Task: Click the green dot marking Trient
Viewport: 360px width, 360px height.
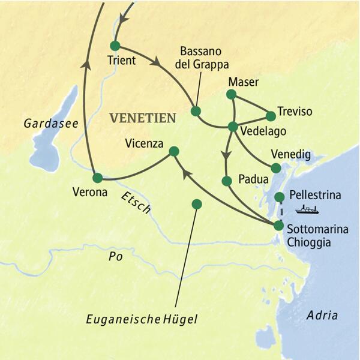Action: [x=115, y=46]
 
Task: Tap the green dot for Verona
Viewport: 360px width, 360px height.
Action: [x=97, y=178]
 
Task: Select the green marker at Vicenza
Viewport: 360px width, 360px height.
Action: [x=174, y=151]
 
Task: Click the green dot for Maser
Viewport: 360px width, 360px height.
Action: [x=231, y=94]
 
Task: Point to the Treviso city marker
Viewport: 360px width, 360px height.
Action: [x=271, y=115]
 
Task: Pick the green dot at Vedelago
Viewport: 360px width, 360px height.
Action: [x=233, y=126]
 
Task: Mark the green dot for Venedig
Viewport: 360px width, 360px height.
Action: [x=276, y=168]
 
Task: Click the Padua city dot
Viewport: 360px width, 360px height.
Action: [x=227, y=181]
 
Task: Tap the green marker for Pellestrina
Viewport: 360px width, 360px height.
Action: [x=279, y=197]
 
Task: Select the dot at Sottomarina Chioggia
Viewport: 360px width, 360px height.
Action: [x=278, y=226]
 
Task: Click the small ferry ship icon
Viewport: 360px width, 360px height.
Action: [x=307, y=209]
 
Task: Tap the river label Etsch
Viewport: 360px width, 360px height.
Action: [x=136, y=203]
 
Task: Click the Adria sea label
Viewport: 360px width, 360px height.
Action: [x=322, y=316]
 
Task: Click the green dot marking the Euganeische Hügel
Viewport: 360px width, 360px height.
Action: [x=196, y=204]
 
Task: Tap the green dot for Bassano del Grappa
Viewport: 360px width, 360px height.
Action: [x=195, y=111]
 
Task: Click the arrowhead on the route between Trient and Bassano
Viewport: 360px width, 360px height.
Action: [x=158, y=61]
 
